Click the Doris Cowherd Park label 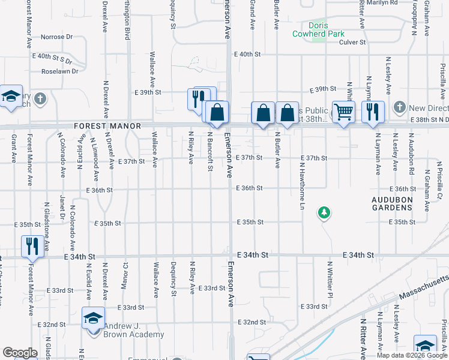(318, 30)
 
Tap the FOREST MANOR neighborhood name (107, 126)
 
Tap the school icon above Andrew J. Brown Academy (93, 317)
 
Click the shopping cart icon (343, 111)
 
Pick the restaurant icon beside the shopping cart (373, 111)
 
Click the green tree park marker (324, 212)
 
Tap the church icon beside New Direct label (400, 108)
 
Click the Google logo (20, 353)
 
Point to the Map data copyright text (411, 355)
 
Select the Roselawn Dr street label (60, 71)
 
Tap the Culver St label (352, 42)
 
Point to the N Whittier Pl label (330, 279)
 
